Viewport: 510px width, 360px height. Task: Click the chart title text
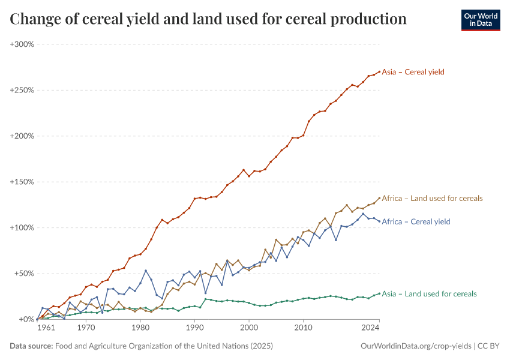click(208, 19)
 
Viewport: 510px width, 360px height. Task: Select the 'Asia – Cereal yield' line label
click(413, 72)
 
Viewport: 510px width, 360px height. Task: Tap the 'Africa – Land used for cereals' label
click(432, 199)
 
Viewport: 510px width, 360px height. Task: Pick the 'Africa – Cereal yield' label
click(416, 222)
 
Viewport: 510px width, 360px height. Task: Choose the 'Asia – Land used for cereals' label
click(429, 294)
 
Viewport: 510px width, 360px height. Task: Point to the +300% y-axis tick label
click(22, 44)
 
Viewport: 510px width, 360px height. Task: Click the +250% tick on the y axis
click(22, 90)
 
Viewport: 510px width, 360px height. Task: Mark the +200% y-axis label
click(22, 136)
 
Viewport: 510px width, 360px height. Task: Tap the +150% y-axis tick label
click(22, 182)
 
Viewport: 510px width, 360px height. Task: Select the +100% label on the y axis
click(22, 228)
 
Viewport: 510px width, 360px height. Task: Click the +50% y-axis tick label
click(24, 274)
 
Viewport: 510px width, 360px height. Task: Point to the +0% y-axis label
click(26, 319)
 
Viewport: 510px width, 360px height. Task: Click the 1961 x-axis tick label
click(46, 328)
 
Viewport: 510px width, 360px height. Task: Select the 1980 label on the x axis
click(140, 328)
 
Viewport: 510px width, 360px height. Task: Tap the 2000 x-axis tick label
click(249, 328)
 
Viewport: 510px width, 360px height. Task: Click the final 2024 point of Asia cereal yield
click(379, 71)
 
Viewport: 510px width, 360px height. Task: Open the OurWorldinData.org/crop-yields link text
click(416, 346)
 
